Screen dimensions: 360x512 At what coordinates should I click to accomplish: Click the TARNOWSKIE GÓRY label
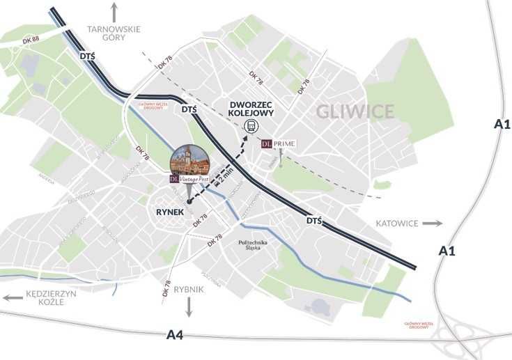(x=114, y=35)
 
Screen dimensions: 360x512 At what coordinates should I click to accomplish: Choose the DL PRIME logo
(x=279, y=144)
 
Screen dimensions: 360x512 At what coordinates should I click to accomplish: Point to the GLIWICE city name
(x=355, y=111)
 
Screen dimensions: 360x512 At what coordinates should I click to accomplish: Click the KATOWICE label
(x=396, y=224)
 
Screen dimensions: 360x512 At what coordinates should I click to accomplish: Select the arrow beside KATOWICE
(x=432, y=224)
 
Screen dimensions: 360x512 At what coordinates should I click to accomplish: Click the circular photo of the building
(x=190, y=160)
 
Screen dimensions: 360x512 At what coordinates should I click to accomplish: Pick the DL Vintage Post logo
(x=189, y=179)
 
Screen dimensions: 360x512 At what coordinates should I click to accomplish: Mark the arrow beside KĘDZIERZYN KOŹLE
(x=12, y=297)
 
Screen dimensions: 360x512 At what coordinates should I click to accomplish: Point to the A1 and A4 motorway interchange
(x=463, y=336)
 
